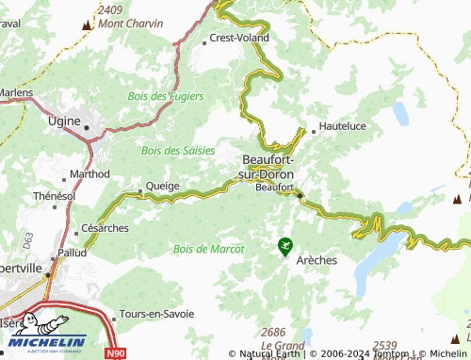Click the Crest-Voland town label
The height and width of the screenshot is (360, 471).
coord(239,39)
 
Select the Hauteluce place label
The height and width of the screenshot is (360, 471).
coord(344,125)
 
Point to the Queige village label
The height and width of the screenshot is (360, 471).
coord(162,187)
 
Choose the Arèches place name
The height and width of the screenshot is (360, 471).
coord(317,260)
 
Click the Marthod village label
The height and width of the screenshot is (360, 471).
coord(90,174)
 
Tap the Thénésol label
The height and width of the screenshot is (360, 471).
coord(54,196)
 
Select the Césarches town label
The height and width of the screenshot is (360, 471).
coord(105,228)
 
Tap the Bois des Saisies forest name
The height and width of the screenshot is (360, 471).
coord(176,150)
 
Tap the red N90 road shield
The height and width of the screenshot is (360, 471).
coord(115,352)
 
